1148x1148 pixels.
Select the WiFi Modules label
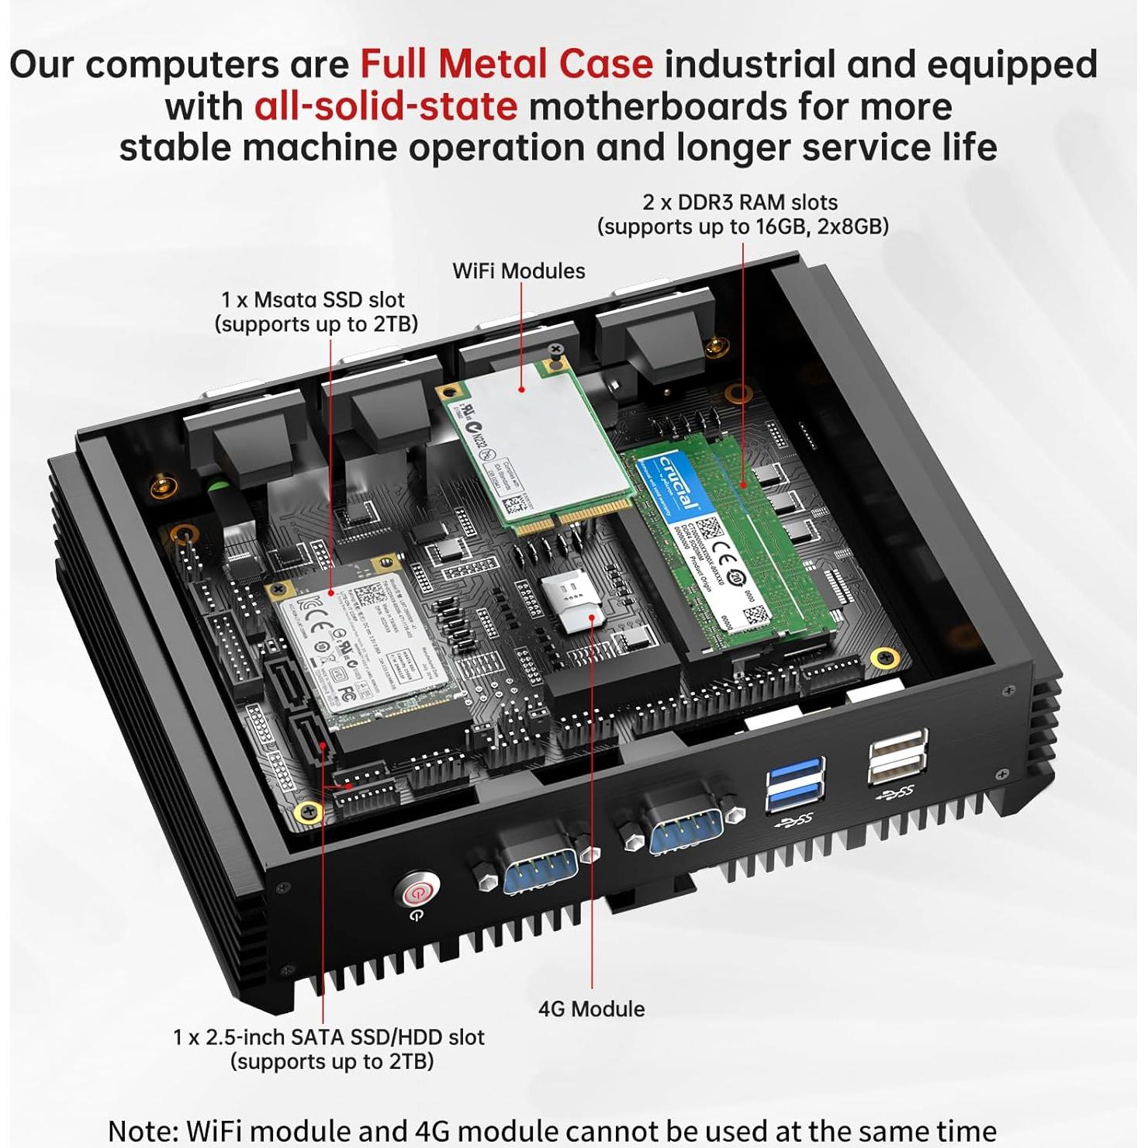pos(518,271)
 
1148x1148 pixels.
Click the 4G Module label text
pos(591,1009)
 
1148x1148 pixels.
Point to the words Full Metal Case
pos(507,64)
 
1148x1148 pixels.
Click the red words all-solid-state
pos(386,106)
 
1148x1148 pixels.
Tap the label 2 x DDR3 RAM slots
pos(740,202)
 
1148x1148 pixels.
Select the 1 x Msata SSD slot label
pos(313,300)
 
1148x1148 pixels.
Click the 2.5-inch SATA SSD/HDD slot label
pos(329,1038)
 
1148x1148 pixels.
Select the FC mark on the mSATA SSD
pos(348,689)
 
